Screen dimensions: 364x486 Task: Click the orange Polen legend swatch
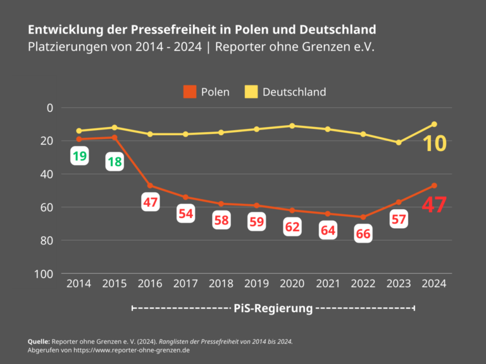[189, 92]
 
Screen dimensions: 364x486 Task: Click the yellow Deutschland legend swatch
[251, 92]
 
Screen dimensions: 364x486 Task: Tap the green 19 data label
[79, 156]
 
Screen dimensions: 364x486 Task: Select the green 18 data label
[115, 162]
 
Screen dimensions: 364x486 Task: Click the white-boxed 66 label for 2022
[363, 233]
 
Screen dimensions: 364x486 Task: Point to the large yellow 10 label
[435, 143]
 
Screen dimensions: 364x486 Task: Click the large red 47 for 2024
[434, 205]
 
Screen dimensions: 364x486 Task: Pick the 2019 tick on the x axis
[256, 284]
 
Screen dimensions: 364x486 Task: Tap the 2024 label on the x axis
[433, 284]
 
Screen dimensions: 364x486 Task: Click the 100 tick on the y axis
[44, 274]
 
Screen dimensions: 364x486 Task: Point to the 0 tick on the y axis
[49, 107]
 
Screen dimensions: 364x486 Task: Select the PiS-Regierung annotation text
[273, 308]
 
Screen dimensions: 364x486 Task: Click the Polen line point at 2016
[150, 185]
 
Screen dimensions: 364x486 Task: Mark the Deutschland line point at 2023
[399, 142]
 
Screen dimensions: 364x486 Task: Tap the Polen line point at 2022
[363, 217]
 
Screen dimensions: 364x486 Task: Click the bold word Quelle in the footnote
[39, 341]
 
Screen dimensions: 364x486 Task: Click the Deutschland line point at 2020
[292, 126]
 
